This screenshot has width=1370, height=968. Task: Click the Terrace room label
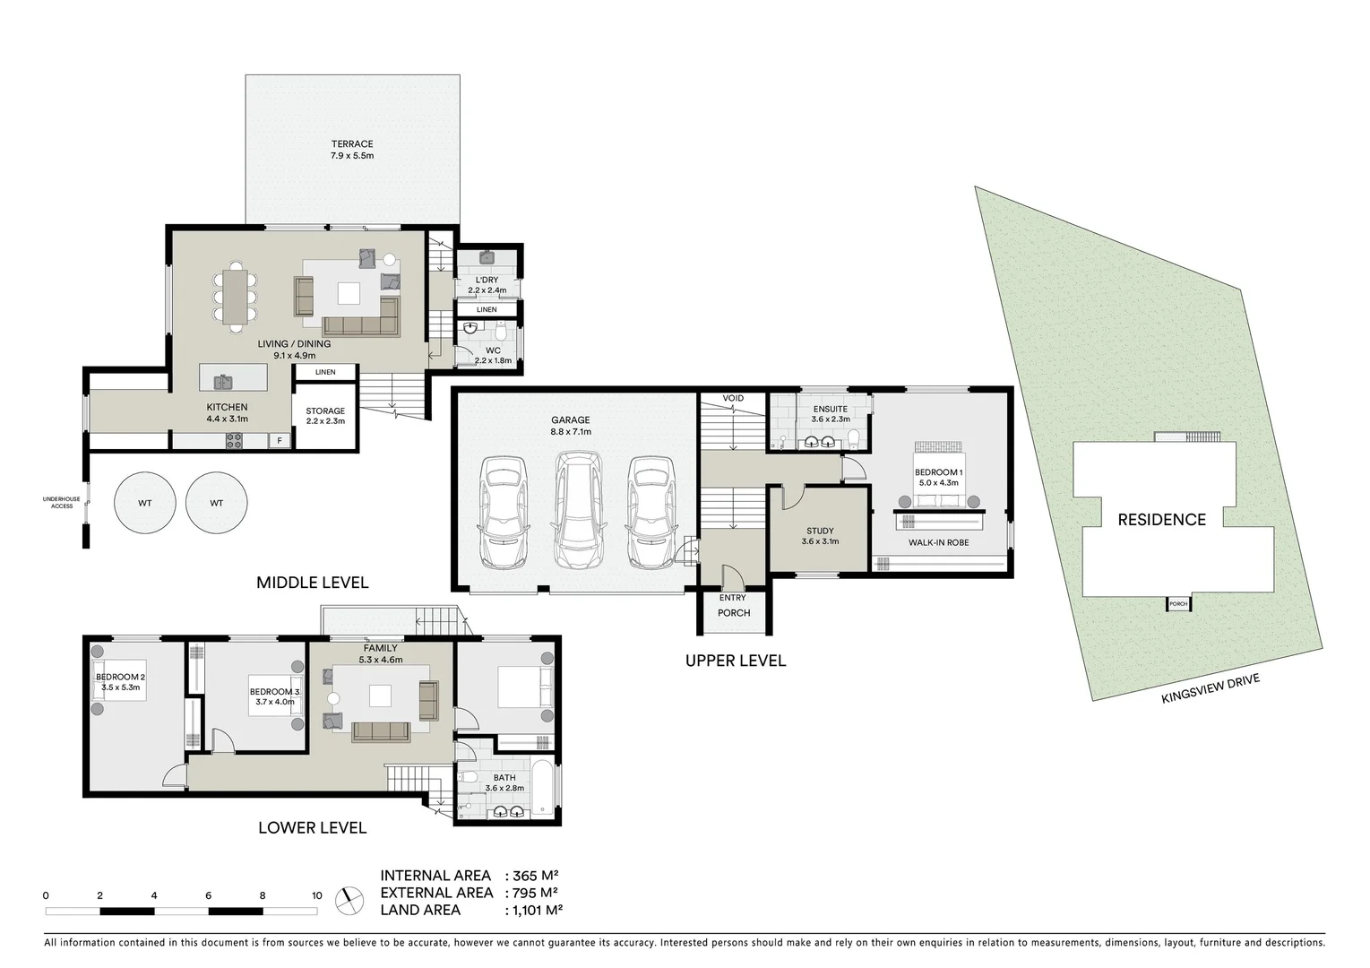(x=352, y=150)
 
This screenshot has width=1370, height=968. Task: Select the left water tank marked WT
(x=144, y=504)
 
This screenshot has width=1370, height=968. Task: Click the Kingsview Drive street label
(x=1211, y=689)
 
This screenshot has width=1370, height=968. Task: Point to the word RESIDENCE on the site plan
(x=1161, y=520)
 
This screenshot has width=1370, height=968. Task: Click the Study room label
(x=819, y=536)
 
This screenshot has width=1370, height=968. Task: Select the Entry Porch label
(x=733, y=605)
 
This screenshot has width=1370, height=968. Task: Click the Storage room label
(x=325, y=416)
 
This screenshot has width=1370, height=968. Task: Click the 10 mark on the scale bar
(x=316, y=895)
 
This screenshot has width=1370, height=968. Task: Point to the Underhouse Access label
(x=62, y=502)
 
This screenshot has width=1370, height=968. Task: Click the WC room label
(x=492, y=355)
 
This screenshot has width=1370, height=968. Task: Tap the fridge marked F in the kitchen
(x=280, y=441)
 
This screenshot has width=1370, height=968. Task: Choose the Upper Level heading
(x=735, y=661)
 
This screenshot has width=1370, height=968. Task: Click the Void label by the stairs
(x=733, y=398)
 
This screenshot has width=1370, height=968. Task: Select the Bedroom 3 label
(x=275, y=696)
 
